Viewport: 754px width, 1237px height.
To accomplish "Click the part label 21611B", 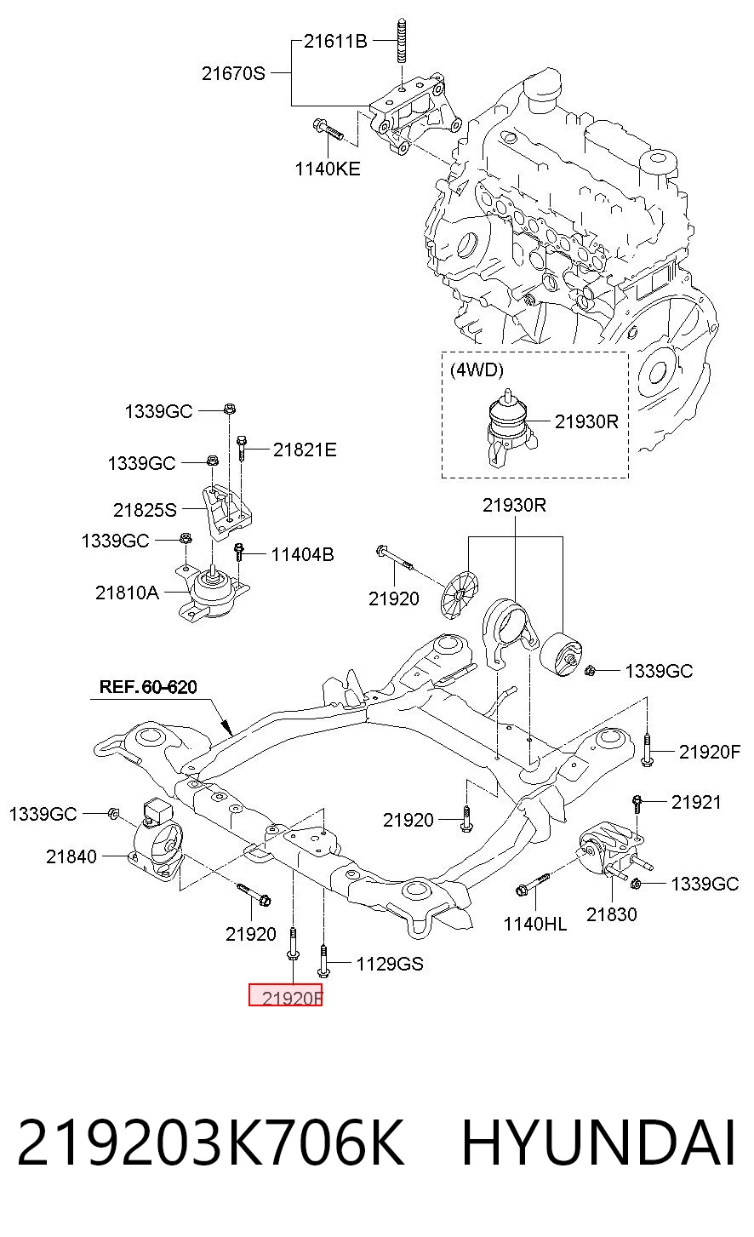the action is tap(335, 42).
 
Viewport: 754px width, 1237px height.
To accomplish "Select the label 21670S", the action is tap(233, 73).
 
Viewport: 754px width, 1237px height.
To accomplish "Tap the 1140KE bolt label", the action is tap(328, 169).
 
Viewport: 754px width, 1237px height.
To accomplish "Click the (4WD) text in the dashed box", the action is tap(477, 369).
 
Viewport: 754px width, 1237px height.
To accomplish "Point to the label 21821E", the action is tap(305, 450).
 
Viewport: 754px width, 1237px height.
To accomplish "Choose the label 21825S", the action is tap(145, 510).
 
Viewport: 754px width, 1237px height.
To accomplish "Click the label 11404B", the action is tap(302, 554).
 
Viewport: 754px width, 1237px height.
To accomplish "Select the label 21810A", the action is tap(127, 593).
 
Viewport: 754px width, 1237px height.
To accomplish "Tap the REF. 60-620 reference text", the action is tap(148, 686).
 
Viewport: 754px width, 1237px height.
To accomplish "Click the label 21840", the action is tap(71, 856).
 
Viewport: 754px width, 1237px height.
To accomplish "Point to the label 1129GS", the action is tap(390, 964).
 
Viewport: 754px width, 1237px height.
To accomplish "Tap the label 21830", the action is tap(612, 914).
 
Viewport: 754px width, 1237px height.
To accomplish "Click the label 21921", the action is tap(696, 802).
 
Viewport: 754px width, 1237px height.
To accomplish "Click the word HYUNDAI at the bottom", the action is tap(599, 1143).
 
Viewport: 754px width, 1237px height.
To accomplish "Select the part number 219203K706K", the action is tap(211, 1143).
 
